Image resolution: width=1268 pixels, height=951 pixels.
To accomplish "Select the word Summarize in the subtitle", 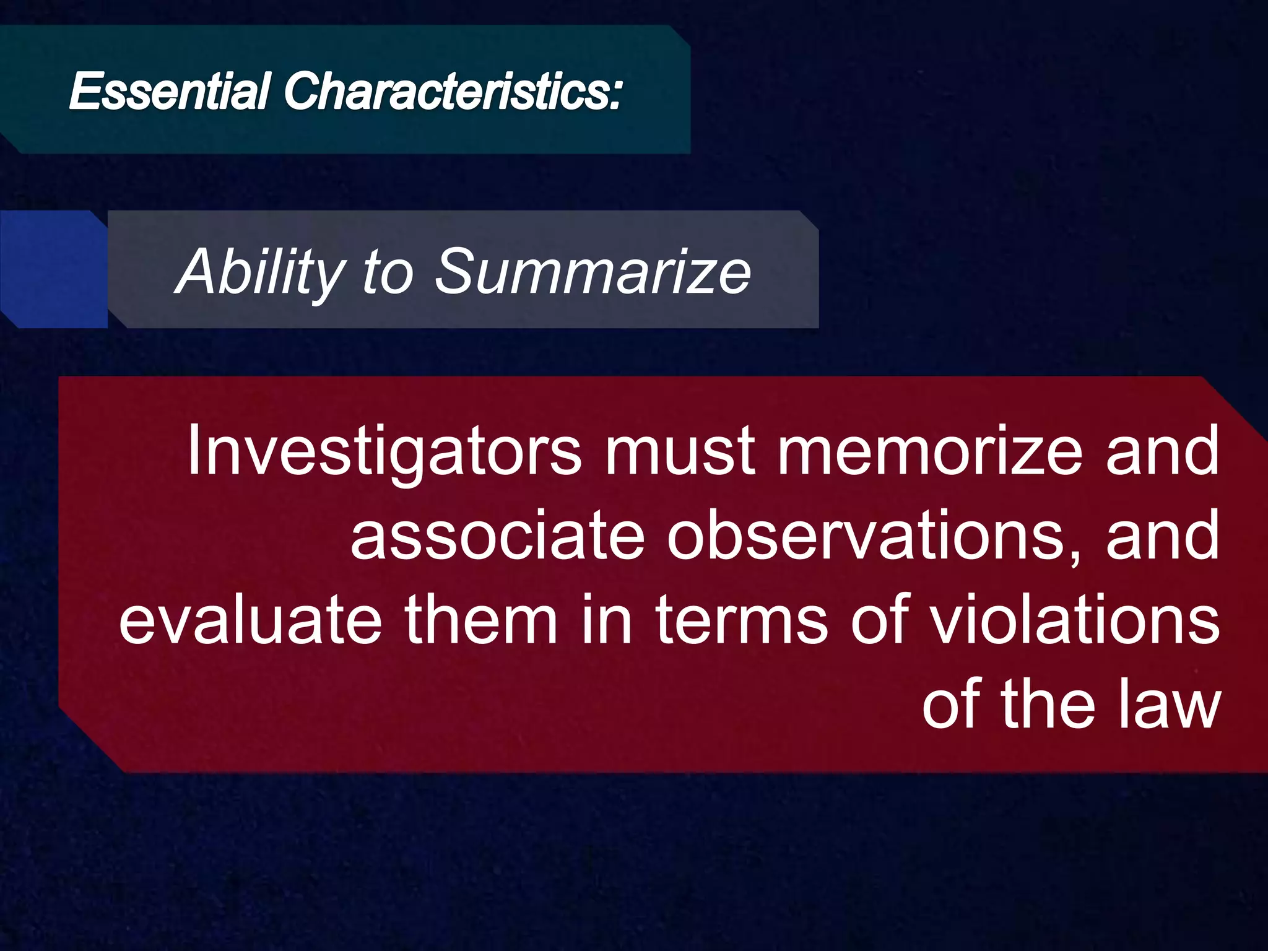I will [x=593, y=272].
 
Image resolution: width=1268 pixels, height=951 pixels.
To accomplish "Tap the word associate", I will [x=498, y=536].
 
